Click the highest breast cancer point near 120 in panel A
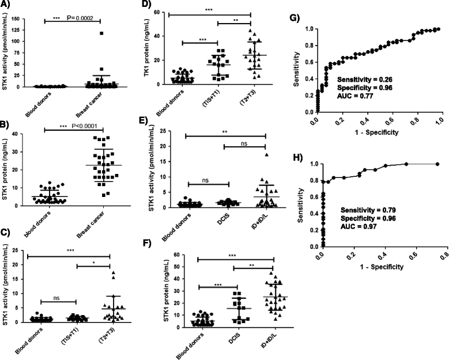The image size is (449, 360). pyautogui.click(x=101, y=33)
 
